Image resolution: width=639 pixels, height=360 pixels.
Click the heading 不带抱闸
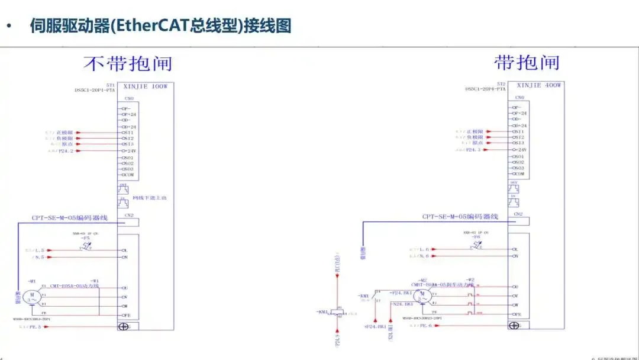[x=127, y=63]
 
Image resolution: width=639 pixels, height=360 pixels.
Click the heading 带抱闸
[x=527, y=62]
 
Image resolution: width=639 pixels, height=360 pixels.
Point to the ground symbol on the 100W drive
[x=124, y=326]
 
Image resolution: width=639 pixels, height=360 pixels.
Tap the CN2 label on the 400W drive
[x=518, y=214]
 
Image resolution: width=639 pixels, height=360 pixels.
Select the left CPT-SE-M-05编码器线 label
[x=70, y=218]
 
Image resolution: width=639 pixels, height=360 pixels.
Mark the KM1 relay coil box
[x=338, y=312]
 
